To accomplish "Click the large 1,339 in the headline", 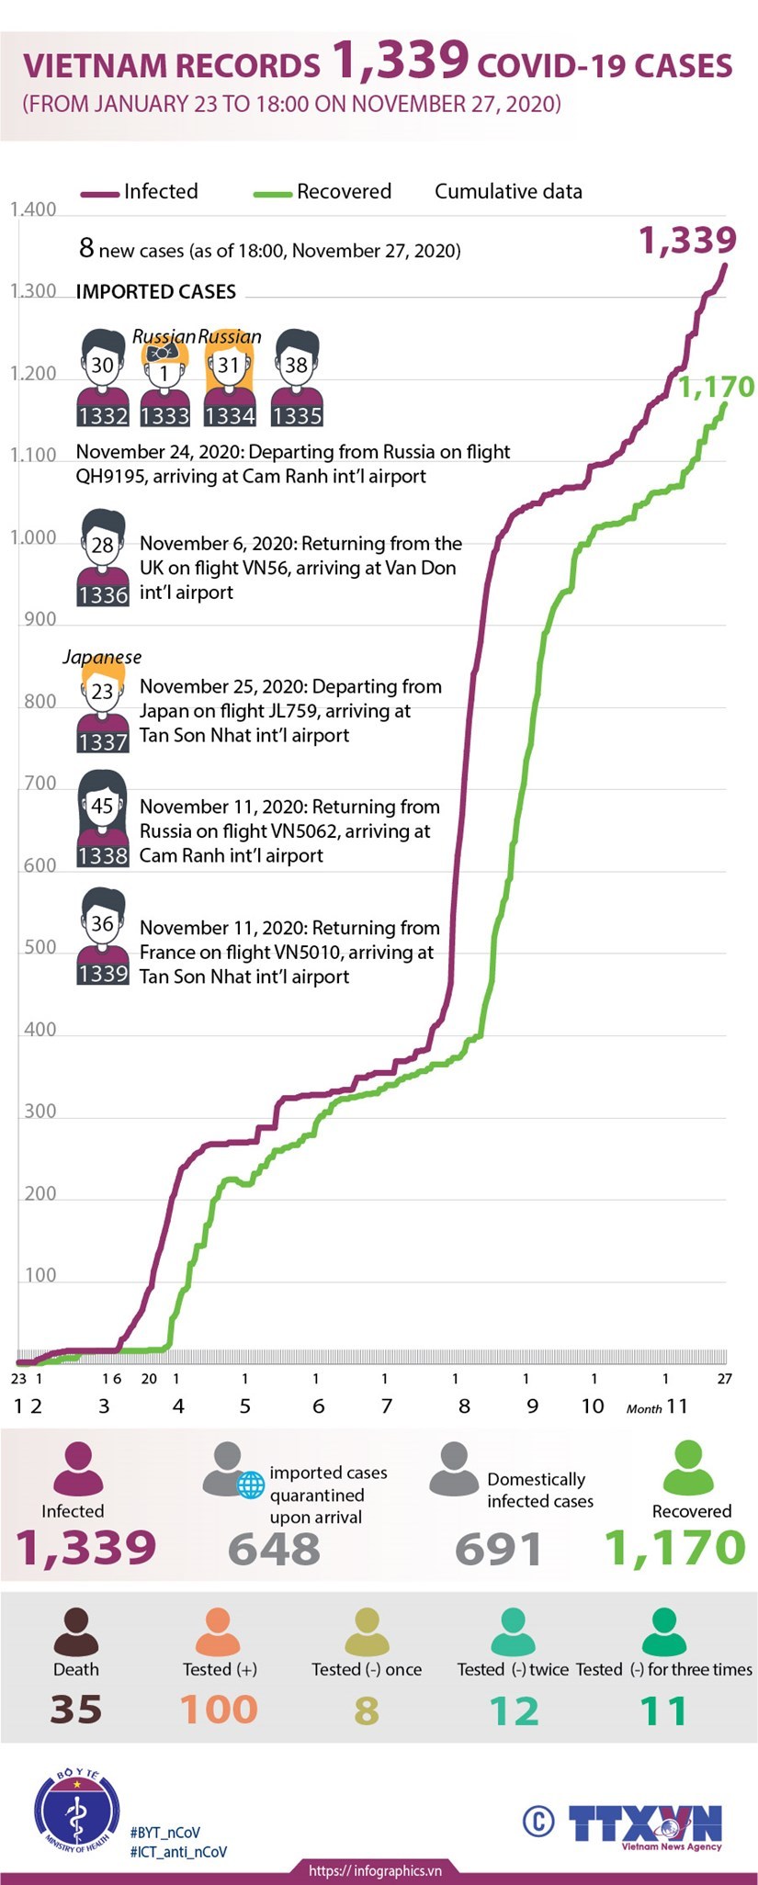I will click(x=401, y=61).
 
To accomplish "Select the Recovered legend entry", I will click(x=322, y=192).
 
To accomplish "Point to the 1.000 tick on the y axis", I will click(x=33, y=537).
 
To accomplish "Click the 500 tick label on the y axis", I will click(x=40, y=947).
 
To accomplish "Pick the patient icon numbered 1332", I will click(x=102, y=378).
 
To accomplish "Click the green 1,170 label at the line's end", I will click(x=716, y=387).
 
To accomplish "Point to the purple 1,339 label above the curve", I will click(x=687, y=240).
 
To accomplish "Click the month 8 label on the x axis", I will click(x=465, y=1406).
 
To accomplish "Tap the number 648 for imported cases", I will click(x=274, y=1549).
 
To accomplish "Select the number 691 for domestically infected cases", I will click(x=498, y=1549).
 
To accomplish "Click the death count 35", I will click(x=75, y=1710).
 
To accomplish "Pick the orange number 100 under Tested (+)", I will click(x=219, y=1710).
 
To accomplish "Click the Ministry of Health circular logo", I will click(x=76, y=1810).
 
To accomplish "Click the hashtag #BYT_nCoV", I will click(x=165, y=1832).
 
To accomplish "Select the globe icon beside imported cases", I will click(x=251, y=1484).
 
